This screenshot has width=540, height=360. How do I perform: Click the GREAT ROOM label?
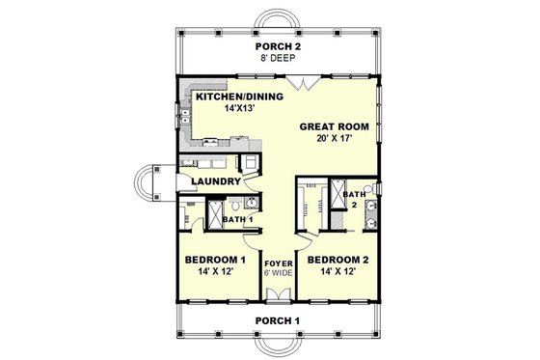[332, 126]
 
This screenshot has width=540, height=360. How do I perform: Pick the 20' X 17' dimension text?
[332, 140]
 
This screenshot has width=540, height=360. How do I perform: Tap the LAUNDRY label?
[215, 180]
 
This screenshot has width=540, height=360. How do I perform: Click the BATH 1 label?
[237, 219]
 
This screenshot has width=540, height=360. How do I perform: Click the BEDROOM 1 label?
[215, 260]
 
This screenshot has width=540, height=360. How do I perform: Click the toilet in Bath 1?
[249, 204]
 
